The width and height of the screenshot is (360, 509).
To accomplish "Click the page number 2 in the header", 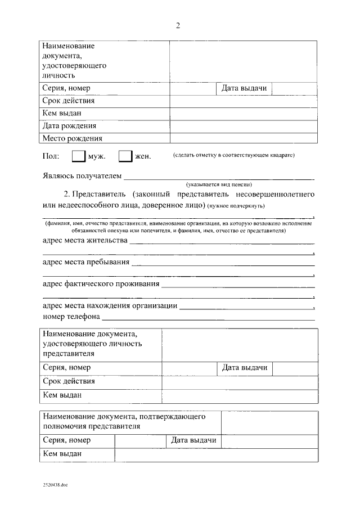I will click(x=178, y=25).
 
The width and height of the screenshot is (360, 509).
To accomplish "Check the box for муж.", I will click(x=79, y=156).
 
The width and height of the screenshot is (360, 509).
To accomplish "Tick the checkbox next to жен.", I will click(x=125, y=156).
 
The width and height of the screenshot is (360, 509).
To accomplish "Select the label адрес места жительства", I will click(x=85, y=241).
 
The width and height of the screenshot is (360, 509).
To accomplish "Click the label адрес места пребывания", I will click(x=86, y=262).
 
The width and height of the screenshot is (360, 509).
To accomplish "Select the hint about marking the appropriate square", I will click(x=234, y=155).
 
